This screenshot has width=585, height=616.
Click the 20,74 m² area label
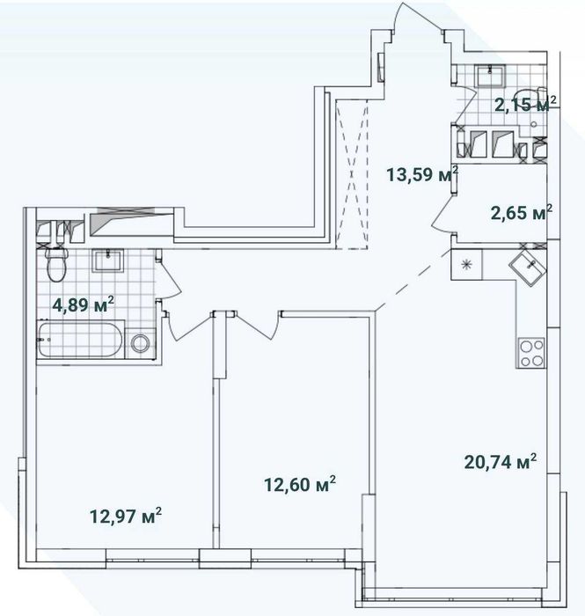click(x=501, y=461)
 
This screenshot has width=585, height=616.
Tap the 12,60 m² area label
click(x=300, y=484)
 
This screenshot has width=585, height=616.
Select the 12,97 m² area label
click(x=126, y=516)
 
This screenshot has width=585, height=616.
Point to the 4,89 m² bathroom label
click(x=84, y=304)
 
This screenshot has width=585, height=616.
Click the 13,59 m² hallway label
click(x=422, y=174)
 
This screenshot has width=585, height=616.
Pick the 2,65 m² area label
click(x=522, y=213)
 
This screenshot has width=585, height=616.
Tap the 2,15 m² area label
click(x=525, y=105)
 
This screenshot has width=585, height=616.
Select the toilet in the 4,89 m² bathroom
click(x=56, y=264)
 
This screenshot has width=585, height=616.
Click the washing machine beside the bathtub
click(x=140, y=344)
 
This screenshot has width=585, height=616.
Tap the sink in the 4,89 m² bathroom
click(x=108, y=260)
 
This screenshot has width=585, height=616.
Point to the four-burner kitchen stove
click(x=531, y=353)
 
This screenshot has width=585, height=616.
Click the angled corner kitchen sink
click(x=528, y=268)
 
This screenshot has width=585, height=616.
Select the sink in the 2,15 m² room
click(x=490, y=76)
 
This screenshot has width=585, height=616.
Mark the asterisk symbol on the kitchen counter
click(x=466, y=264)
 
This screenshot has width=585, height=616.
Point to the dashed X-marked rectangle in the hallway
click(x=352, y=174)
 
